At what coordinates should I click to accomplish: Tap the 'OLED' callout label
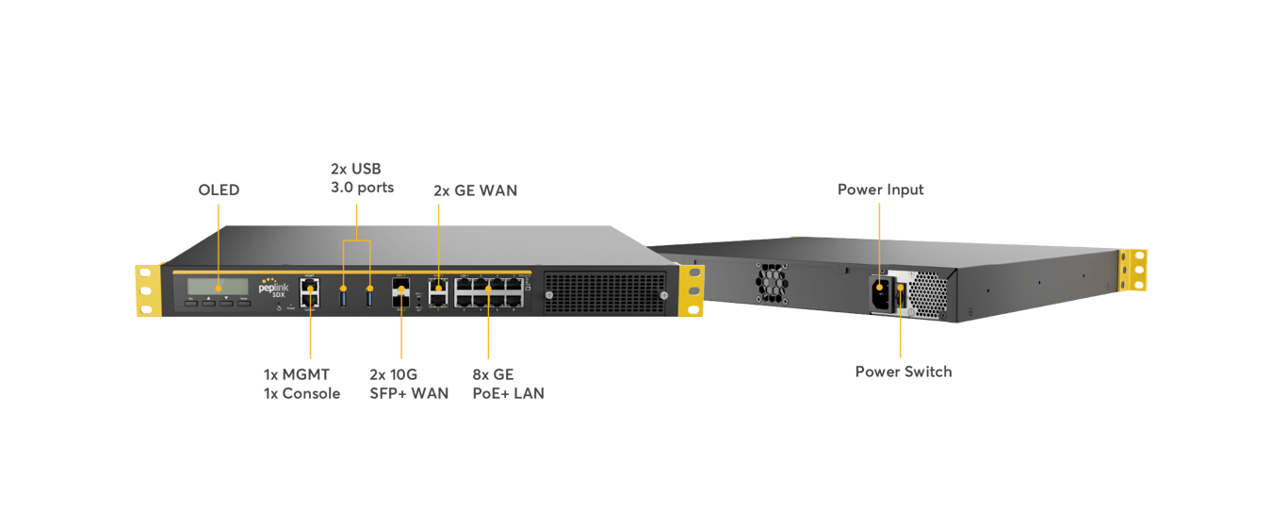[219, 190]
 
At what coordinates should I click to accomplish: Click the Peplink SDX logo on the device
[273, 287]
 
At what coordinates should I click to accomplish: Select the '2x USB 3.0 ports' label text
[362, 177]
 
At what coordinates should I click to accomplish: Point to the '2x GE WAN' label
[475, 190]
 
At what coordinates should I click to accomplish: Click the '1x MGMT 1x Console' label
[301, 384]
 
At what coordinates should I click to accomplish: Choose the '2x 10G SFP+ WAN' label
[408, 384]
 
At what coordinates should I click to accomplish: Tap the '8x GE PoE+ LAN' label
[508, 384]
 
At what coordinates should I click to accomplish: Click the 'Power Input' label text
[880, 190]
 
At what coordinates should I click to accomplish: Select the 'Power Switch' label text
[903, 372]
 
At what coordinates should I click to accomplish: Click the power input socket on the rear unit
[879, 288]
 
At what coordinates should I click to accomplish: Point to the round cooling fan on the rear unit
[771, 278]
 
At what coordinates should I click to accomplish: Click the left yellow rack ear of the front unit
[146, 290]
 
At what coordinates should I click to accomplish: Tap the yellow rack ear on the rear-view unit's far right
[1133, 271]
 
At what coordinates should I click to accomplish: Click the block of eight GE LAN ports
[489, 291]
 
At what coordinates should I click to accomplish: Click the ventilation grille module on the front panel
[604, 292]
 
